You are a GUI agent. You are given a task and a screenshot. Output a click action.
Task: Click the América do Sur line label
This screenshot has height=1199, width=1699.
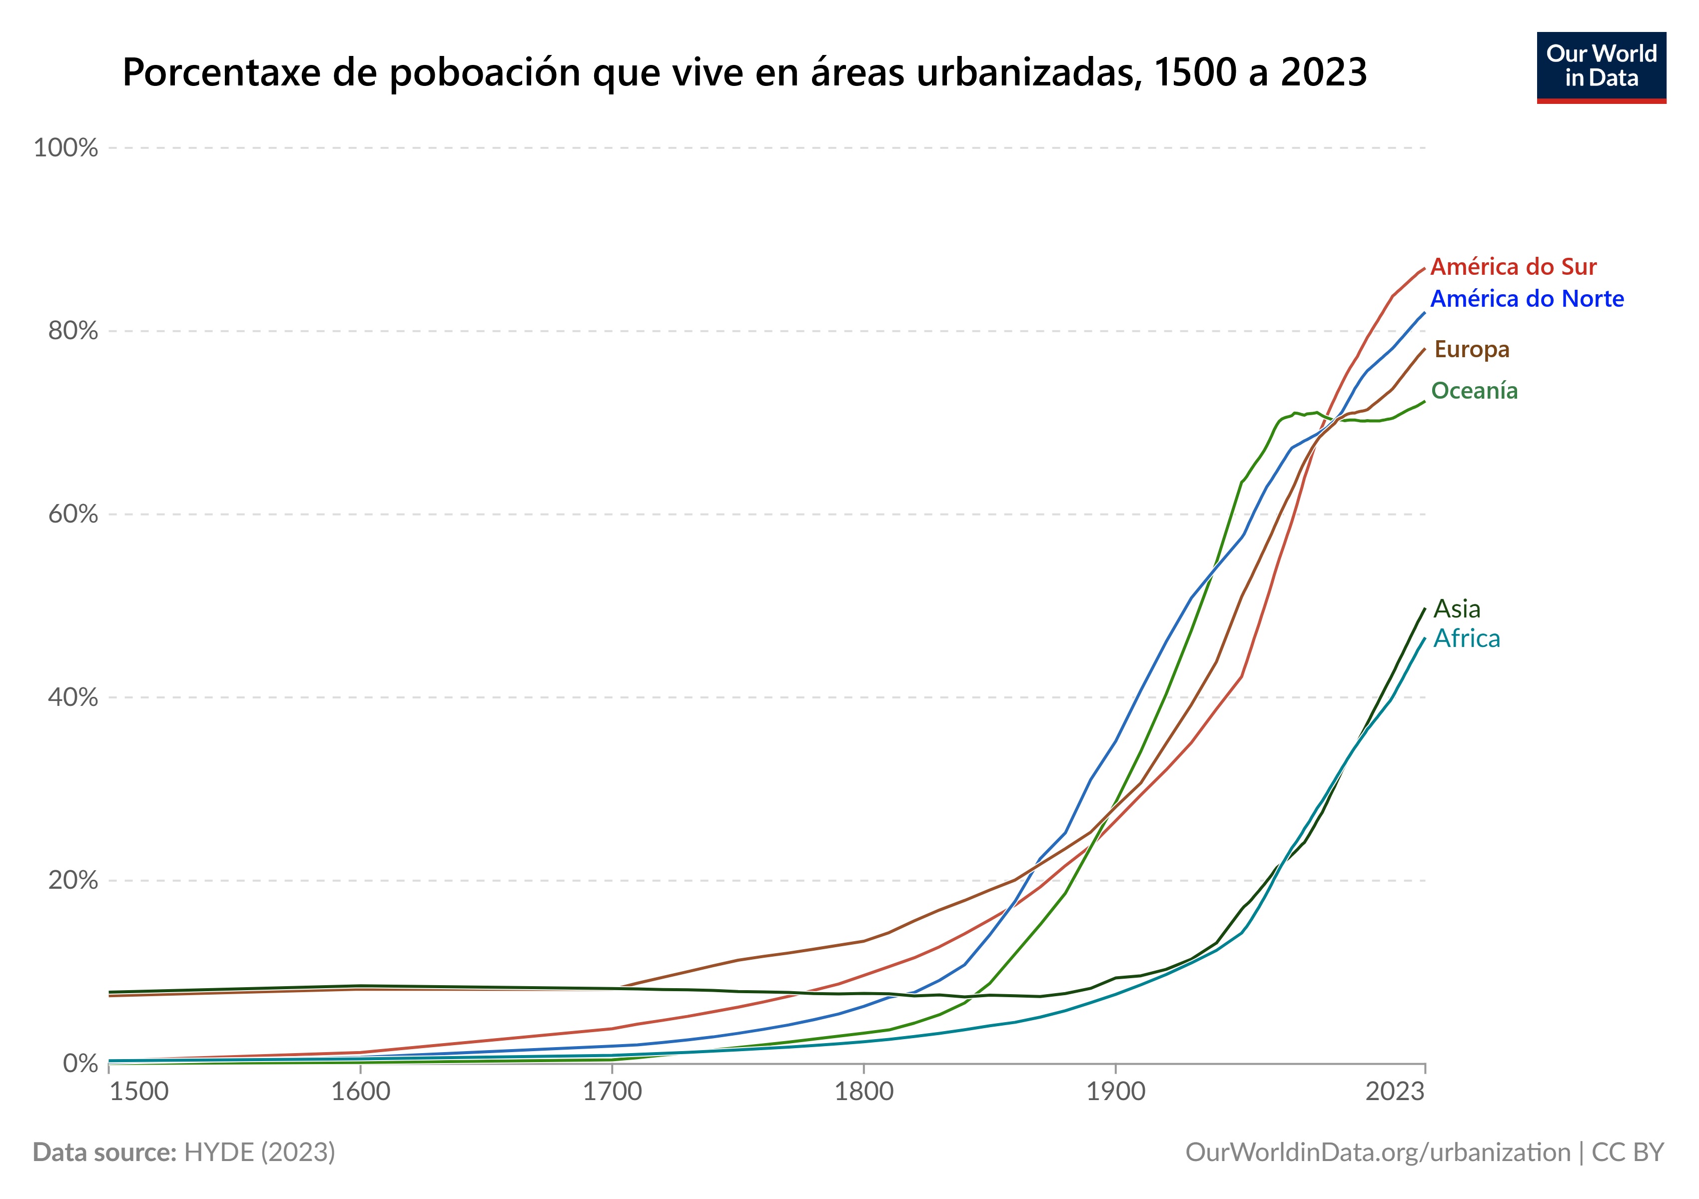1513,266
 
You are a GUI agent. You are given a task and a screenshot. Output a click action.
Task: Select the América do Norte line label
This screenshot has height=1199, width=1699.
1527,299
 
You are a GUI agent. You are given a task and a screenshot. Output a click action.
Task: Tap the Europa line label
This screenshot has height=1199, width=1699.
1471,349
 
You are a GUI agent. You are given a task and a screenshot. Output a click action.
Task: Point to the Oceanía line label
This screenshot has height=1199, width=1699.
1474,391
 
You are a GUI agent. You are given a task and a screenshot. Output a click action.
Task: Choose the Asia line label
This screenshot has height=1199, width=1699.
1456,609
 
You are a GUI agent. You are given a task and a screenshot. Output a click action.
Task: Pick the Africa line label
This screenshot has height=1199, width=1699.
1466,638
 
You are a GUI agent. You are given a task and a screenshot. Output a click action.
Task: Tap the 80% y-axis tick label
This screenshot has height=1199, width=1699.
72,331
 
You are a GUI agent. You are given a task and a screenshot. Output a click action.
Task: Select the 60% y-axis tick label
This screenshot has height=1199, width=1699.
72,514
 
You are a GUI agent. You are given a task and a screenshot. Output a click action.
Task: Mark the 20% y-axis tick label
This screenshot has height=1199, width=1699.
72,880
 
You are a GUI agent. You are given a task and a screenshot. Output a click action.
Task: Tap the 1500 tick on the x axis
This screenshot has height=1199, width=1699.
139,1092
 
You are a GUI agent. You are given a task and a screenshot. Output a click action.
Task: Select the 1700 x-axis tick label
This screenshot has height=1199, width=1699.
612,1092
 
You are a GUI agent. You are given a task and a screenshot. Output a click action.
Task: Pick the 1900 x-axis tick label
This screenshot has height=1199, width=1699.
1115,1092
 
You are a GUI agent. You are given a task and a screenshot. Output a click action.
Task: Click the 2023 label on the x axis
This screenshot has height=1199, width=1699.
1394,1092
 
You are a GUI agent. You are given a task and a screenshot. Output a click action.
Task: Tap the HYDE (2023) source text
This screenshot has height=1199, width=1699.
259,1153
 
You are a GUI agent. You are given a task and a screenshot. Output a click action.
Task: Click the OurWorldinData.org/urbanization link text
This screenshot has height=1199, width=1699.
1377,1153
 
